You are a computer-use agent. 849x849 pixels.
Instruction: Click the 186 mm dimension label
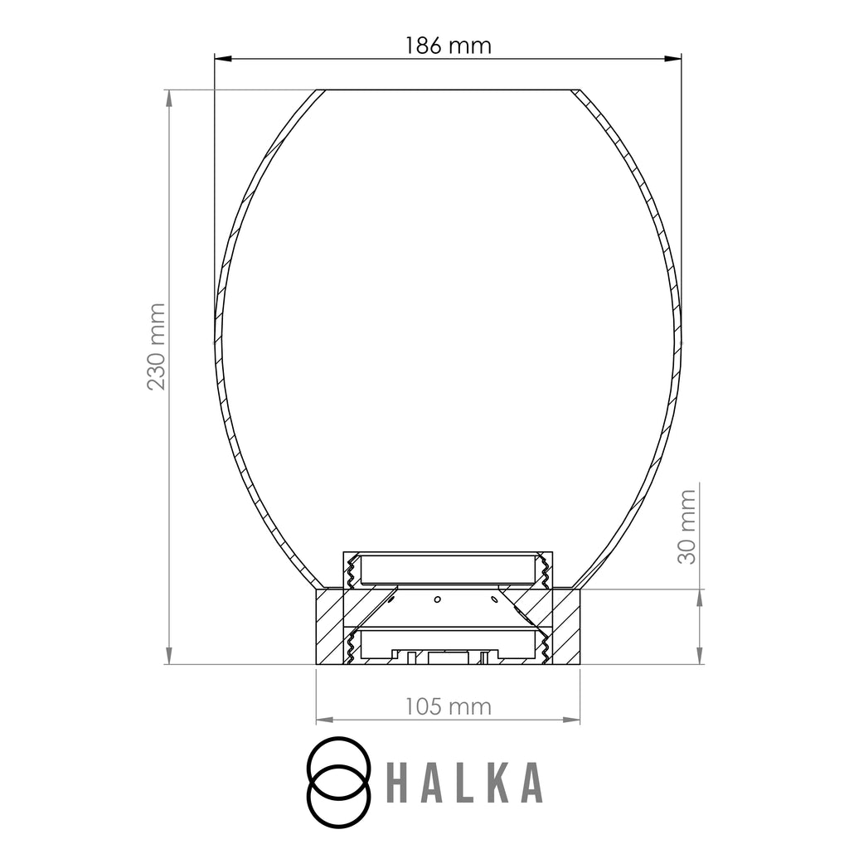449,46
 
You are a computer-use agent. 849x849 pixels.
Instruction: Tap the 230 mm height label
156,347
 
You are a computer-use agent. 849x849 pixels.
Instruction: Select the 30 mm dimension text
686,526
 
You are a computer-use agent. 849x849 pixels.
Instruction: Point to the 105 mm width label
449,706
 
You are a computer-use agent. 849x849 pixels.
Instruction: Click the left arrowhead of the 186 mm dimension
223,58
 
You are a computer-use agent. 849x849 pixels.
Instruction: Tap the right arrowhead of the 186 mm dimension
672,58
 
